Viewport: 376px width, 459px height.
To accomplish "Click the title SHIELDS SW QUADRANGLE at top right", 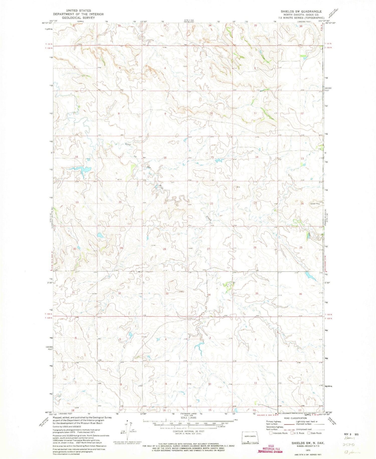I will pyautogui.click(x=301, y=12).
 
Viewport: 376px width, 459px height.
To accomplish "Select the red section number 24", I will pyautogui.click(x=302, y=204).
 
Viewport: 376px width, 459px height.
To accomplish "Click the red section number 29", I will pyautogui.click(x=121, y=248).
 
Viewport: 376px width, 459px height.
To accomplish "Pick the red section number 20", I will pyautogui.click(x=120, y=202).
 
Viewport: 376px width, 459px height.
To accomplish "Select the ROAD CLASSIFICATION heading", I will pyautogui.click(x=295, y=418).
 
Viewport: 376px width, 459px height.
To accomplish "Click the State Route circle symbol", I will pyautogui.click(x=309, y=433).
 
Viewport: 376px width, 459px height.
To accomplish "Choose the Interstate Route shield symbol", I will pyautogui.click(x=270, y=433).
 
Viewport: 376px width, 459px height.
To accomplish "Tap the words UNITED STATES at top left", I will pyautogui.click(x=78, y=11).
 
